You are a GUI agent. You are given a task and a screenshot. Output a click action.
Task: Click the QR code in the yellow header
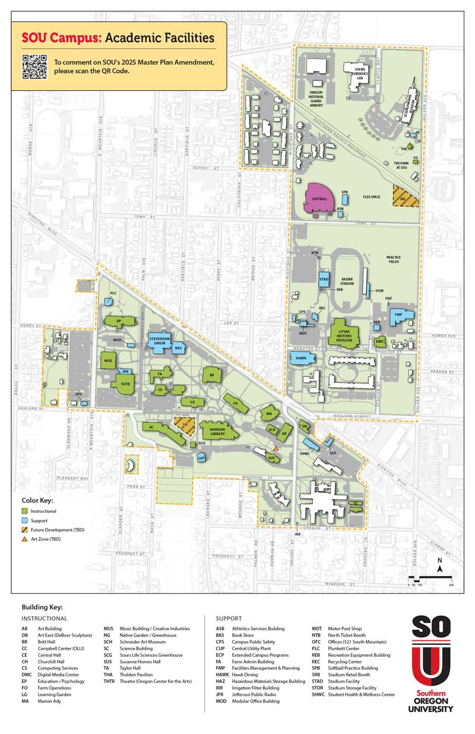pos(34,66)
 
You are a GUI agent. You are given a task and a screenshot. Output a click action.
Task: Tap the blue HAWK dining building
pos(302,358)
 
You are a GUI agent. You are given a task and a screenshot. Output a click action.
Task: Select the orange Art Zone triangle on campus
pos(277,448)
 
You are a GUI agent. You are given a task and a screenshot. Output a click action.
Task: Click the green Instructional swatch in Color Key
pos(25,510)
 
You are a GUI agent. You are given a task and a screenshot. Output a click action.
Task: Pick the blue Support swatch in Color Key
pos(25,520)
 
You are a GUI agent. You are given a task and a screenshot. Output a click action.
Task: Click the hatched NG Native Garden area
pos(405,197)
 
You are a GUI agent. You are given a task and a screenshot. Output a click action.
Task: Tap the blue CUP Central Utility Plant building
pos(201,457)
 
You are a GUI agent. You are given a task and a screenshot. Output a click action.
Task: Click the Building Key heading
pos(46,607)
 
